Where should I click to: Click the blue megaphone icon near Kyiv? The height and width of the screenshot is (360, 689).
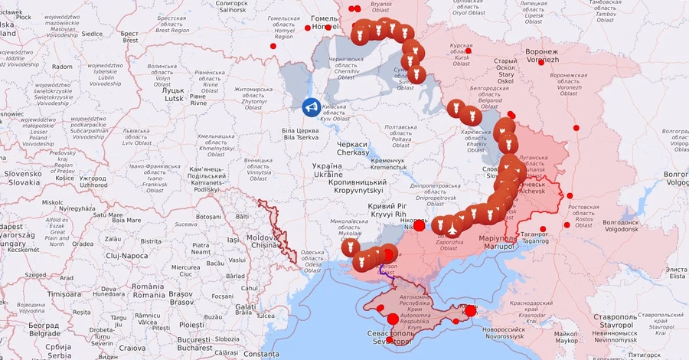(x=311, y=108)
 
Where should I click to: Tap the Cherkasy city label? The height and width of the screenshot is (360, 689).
(x=352, y=148)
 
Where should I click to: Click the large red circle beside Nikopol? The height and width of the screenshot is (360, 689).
(x=420, y=226)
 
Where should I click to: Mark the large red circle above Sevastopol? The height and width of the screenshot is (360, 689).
(x=393, y=319)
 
